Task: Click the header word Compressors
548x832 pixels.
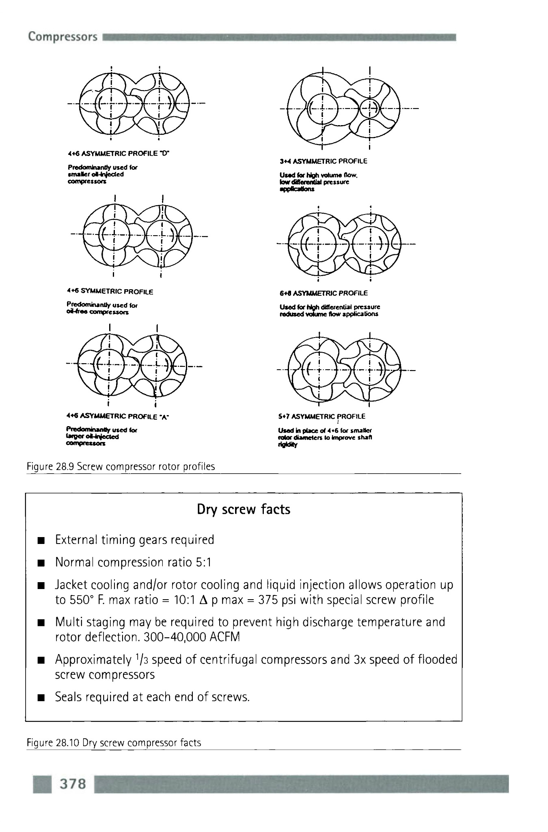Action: pyautogui.click(x=63, y=37)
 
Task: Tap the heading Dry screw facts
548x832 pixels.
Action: pyautogui.click(x=244, y=509)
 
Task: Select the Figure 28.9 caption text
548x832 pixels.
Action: pyautogui.click(x=121, y=466)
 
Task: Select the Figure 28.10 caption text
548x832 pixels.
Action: pyautogui.click(x=114, y=743)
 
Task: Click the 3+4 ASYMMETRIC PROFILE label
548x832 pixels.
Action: pyautogui.click(x=323, y=161)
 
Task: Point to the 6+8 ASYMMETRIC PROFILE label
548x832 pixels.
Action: pyautogui.click(x=324, y=293)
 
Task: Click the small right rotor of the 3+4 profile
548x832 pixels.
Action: pyautogui.click(x=369, y=108)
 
